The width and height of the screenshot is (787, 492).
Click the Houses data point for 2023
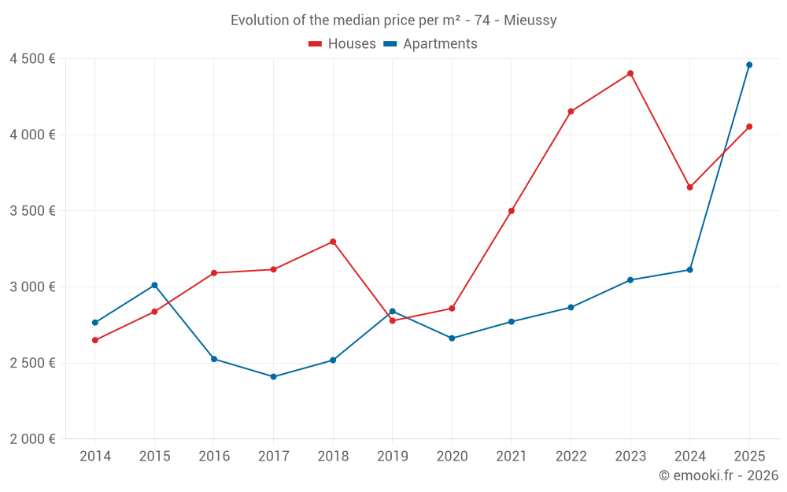630,73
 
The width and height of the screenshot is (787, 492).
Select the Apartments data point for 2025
749,65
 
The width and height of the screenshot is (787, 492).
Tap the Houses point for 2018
333,242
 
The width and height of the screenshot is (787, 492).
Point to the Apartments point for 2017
273,376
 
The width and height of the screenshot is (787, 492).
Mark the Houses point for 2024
689,187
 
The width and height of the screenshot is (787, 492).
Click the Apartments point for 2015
154,285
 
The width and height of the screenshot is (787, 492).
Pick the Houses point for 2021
512,211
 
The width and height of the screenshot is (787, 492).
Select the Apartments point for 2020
452,338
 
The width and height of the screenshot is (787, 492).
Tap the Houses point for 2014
95,340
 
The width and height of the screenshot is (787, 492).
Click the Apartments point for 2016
214,359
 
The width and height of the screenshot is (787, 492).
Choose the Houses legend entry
342,44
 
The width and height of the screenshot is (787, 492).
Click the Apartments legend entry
430,44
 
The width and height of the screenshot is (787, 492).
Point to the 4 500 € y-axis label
32,59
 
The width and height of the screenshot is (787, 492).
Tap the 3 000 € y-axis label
32,287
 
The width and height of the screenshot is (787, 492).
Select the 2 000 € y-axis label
32,439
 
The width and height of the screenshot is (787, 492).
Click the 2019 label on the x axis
392,456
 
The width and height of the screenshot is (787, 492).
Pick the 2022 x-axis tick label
571,456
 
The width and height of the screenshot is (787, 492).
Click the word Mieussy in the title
531,20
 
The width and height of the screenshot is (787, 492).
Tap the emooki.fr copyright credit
718,475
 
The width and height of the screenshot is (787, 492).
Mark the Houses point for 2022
571,111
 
